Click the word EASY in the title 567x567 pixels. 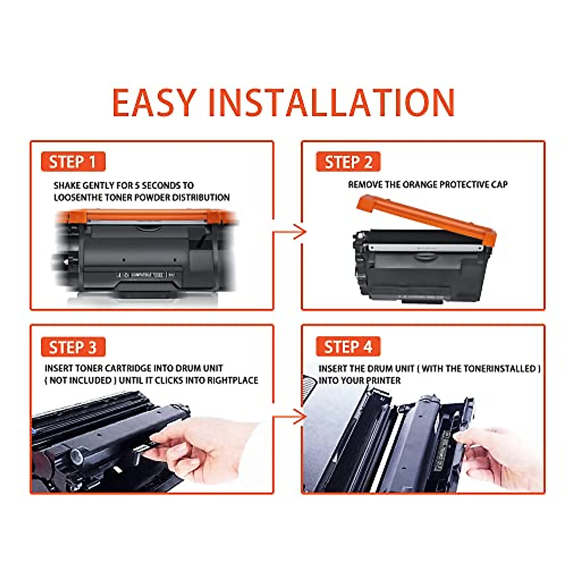pyautogui.click(x=154, y=103)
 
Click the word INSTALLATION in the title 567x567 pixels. pyautogui.click(x=331, y=103)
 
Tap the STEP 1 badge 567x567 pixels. pyautogui.click(x=73, y=162)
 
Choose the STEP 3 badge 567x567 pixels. pyautogui.click(x=73, y=347)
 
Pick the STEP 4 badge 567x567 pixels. pyautogui.click(x=348, y=347)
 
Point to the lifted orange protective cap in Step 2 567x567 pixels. pyautogui.click(x=425, y=218)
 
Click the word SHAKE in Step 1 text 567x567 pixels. pyautogui.click(x=67, y=186)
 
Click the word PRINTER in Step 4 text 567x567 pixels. pyautogui.click(x=382, y=381)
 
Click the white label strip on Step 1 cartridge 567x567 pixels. pyautogui.click(x=142, y=275)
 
